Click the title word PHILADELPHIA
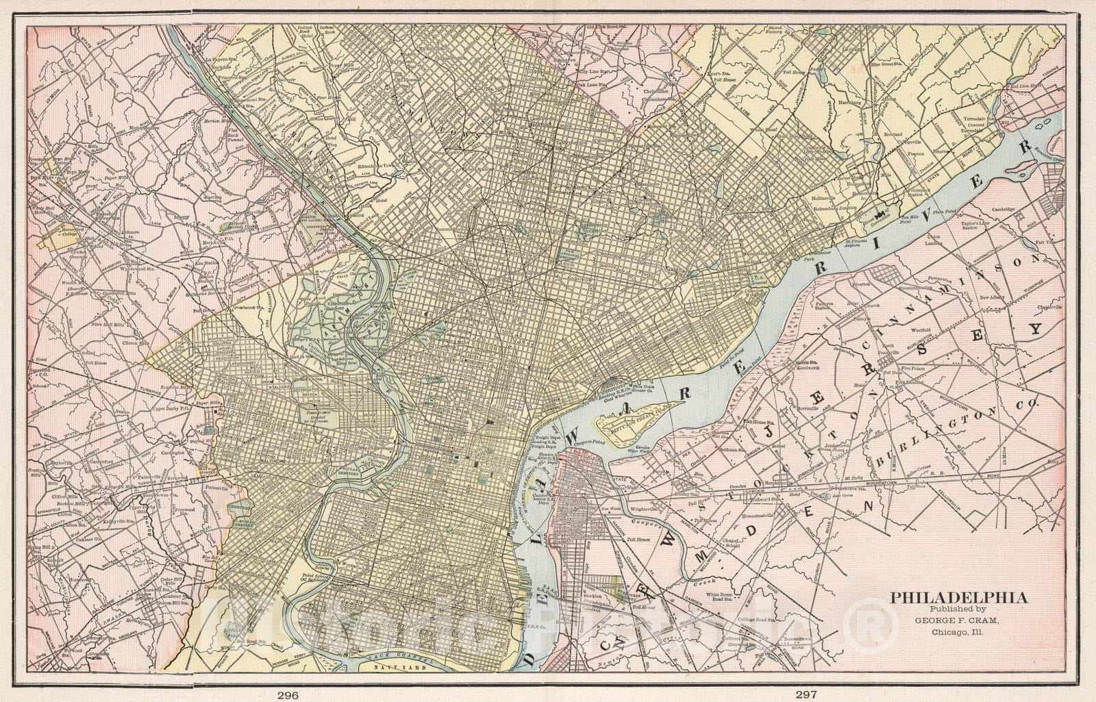point(958,598)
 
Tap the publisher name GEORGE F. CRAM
point(958,620)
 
